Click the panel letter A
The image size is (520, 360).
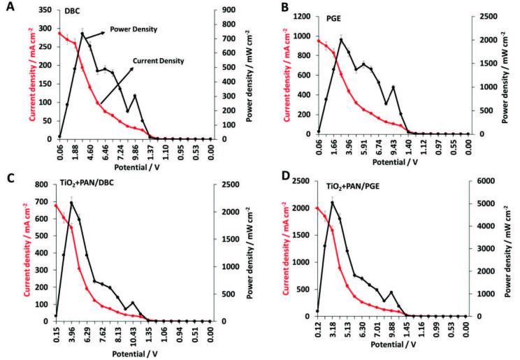coord(7,6)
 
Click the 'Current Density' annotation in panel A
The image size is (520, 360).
coord(161,61)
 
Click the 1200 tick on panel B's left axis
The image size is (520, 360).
coord(303,16)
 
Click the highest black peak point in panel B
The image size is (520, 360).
coord(341,39)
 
